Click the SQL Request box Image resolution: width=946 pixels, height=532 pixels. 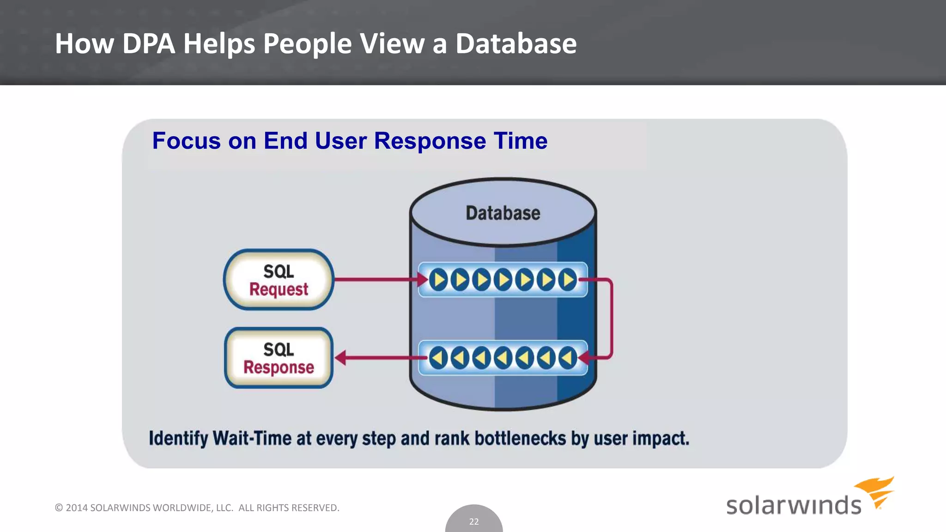tap(279, 280)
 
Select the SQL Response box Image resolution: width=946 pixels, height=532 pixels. tap(279, 358)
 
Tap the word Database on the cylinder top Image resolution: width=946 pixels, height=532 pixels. tap(503, 213)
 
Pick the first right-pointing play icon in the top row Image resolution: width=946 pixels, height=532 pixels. tap(438, 280)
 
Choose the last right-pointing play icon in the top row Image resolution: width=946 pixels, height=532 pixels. tap(568, 280)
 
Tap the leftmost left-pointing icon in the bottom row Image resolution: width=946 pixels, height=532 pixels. tap(438, 358)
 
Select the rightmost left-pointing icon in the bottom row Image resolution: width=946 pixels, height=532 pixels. tap(568, 358)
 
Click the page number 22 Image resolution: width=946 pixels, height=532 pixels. tap(474, 522)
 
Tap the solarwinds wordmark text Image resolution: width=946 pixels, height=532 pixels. tap(794, 505)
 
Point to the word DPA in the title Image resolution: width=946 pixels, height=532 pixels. tap(148, 44)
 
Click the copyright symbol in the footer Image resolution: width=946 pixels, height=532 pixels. tap(59, 508)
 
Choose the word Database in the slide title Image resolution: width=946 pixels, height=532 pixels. tap(516, 44)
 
